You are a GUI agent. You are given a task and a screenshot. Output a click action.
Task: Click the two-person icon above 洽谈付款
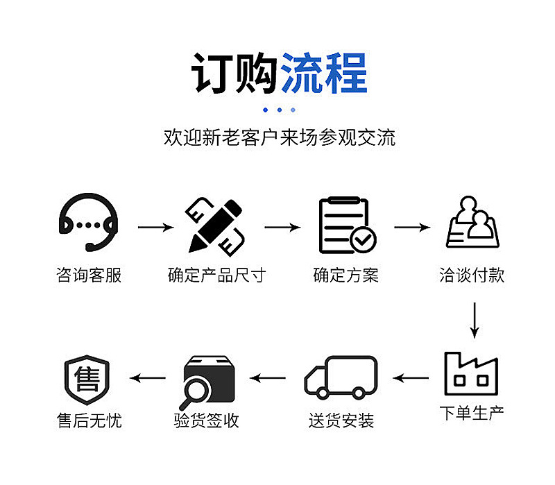point(472,222)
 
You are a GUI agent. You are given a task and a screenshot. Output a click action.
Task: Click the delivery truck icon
point(341,378)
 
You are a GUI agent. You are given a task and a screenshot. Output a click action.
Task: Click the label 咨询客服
point(89,275)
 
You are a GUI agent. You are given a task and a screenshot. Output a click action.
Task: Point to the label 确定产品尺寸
point(216,275)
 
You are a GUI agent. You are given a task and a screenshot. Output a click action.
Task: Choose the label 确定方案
point(346,275)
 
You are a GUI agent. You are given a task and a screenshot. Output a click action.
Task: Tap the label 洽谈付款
point(472,275)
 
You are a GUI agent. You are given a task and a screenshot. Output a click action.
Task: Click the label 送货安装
point(341,420)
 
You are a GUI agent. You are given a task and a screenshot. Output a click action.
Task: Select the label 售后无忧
point(89,420)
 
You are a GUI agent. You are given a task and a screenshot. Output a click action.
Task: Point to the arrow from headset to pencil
point(155,227)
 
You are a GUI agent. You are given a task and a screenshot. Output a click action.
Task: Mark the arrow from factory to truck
point(411,379)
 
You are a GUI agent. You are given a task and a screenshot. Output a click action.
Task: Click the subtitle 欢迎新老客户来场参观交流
point(279,137)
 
